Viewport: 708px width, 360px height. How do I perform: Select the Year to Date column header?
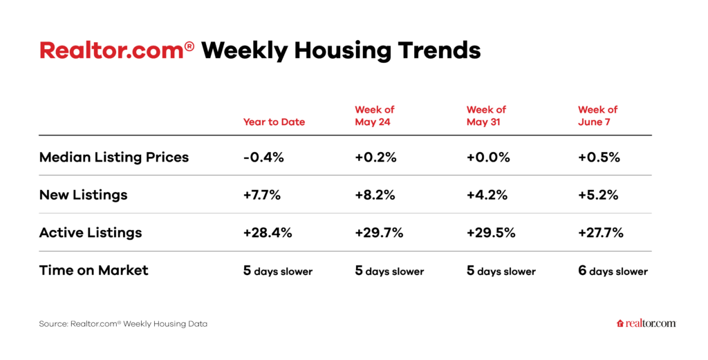coord(274,122)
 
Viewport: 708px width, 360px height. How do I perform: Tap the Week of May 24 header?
coord(375,115)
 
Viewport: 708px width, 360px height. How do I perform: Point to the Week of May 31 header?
coord(486,115)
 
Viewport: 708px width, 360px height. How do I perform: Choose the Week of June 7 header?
coord(598,115)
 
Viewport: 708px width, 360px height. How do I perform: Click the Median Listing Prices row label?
coord(114,158)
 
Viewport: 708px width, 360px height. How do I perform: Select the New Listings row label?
coord(83,195)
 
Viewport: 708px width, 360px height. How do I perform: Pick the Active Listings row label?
coord(91,233)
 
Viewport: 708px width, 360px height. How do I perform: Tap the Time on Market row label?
coord(93,270)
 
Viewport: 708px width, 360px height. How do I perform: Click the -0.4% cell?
coord(263,158)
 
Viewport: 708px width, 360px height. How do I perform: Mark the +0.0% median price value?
coord(488,158)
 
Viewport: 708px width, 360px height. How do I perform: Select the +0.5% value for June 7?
coord(599,158)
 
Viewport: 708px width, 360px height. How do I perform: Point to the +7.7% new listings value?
coord(262,195)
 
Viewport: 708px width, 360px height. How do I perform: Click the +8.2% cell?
coord(375,195)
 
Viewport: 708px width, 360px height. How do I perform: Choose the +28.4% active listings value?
coord(268,233)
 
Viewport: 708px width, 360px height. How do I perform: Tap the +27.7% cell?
coord(601,233)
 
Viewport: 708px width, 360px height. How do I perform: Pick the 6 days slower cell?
coord(613,271)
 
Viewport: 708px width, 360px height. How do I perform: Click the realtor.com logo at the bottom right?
coord(646,323)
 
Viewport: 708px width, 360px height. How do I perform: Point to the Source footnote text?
coord(123,324)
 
